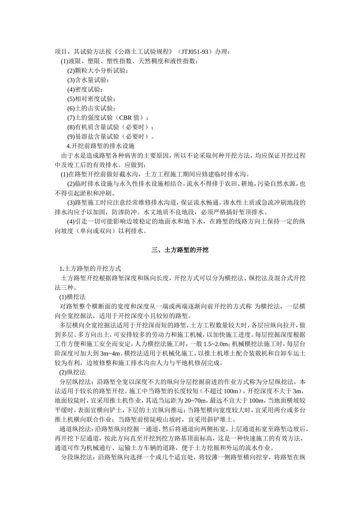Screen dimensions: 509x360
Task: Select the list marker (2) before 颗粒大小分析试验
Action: [71, 70]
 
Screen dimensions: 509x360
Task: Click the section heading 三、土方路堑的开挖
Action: [180, 250]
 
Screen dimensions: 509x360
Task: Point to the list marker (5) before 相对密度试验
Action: [71, 99]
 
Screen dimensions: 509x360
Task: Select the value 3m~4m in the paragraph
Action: [111, 353]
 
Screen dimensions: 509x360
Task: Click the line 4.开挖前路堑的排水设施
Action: [100, 146]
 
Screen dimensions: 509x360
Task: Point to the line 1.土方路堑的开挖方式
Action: [90, 269]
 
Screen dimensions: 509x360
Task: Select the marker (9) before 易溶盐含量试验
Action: [71, 137]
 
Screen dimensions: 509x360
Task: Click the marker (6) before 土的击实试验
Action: [71, 108]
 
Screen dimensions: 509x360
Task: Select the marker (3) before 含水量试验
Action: [71, 80]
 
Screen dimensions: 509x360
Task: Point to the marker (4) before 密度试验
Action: [71, 89]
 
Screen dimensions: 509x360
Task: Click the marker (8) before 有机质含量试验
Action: [71, 127]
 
